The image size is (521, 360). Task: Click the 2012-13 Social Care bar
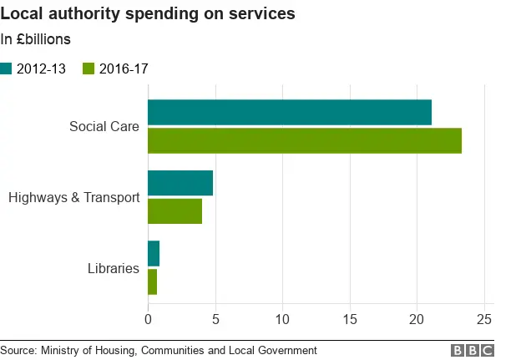pos(290,112)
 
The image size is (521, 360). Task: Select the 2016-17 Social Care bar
pos(305,141)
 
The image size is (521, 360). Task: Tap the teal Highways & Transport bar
pos(180,183)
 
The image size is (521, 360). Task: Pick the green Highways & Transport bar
pos(175,211)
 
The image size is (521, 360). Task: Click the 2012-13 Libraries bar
pos(154,253)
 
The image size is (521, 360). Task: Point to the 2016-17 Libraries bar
pos(152,281)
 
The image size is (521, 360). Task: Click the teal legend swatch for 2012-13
pos(7,69)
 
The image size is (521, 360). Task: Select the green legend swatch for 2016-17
pos(89,69)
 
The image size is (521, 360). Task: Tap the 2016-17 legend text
pos(124,69)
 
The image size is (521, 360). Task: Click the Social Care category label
pos(104,127)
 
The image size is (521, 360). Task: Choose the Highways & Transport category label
pos(73,198)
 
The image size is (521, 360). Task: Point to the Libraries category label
pos(113,268)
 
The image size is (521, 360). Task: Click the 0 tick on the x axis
pos(148,318)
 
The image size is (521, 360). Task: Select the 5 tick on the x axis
pos(215,318)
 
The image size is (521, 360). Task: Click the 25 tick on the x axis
pos(483,318)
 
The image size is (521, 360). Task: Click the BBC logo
pos(473,351)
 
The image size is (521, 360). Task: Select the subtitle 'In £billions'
pos(36,39)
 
